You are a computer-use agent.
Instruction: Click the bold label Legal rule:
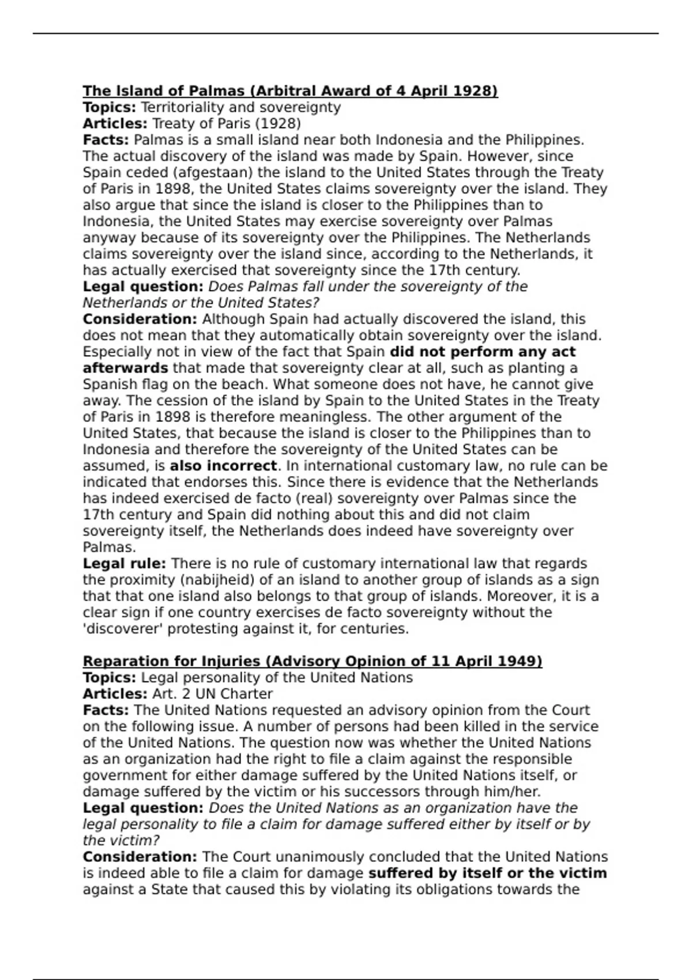124,564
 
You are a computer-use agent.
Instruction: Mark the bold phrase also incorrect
223,466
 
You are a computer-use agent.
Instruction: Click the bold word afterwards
125,368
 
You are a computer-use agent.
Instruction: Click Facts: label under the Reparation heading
106,710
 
